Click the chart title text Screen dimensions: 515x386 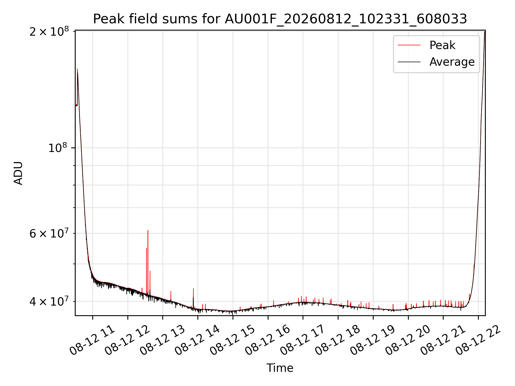coord(280,19)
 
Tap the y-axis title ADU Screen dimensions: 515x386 coord(18,173)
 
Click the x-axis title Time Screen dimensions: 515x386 coord(280,368)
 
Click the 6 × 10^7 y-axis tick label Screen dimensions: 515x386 coord(49,233)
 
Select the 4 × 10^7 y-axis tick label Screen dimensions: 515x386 coord(49,301)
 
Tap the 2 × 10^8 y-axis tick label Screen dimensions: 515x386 coord(49,32)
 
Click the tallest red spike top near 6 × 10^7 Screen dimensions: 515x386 coord(148,231)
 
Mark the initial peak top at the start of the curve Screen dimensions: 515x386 coord(77,69)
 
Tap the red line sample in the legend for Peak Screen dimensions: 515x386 coord(409,45)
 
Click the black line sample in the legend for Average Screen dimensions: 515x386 coord(409,62)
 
